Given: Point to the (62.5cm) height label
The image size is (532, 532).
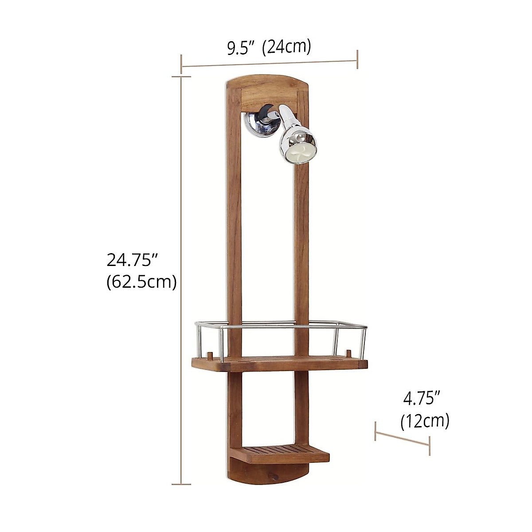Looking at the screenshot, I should (141, 282).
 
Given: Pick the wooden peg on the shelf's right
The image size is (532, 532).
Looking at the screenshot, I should (349, 354).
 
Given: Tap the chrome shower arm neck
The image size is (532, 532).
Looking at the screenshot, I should (286, 117).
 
